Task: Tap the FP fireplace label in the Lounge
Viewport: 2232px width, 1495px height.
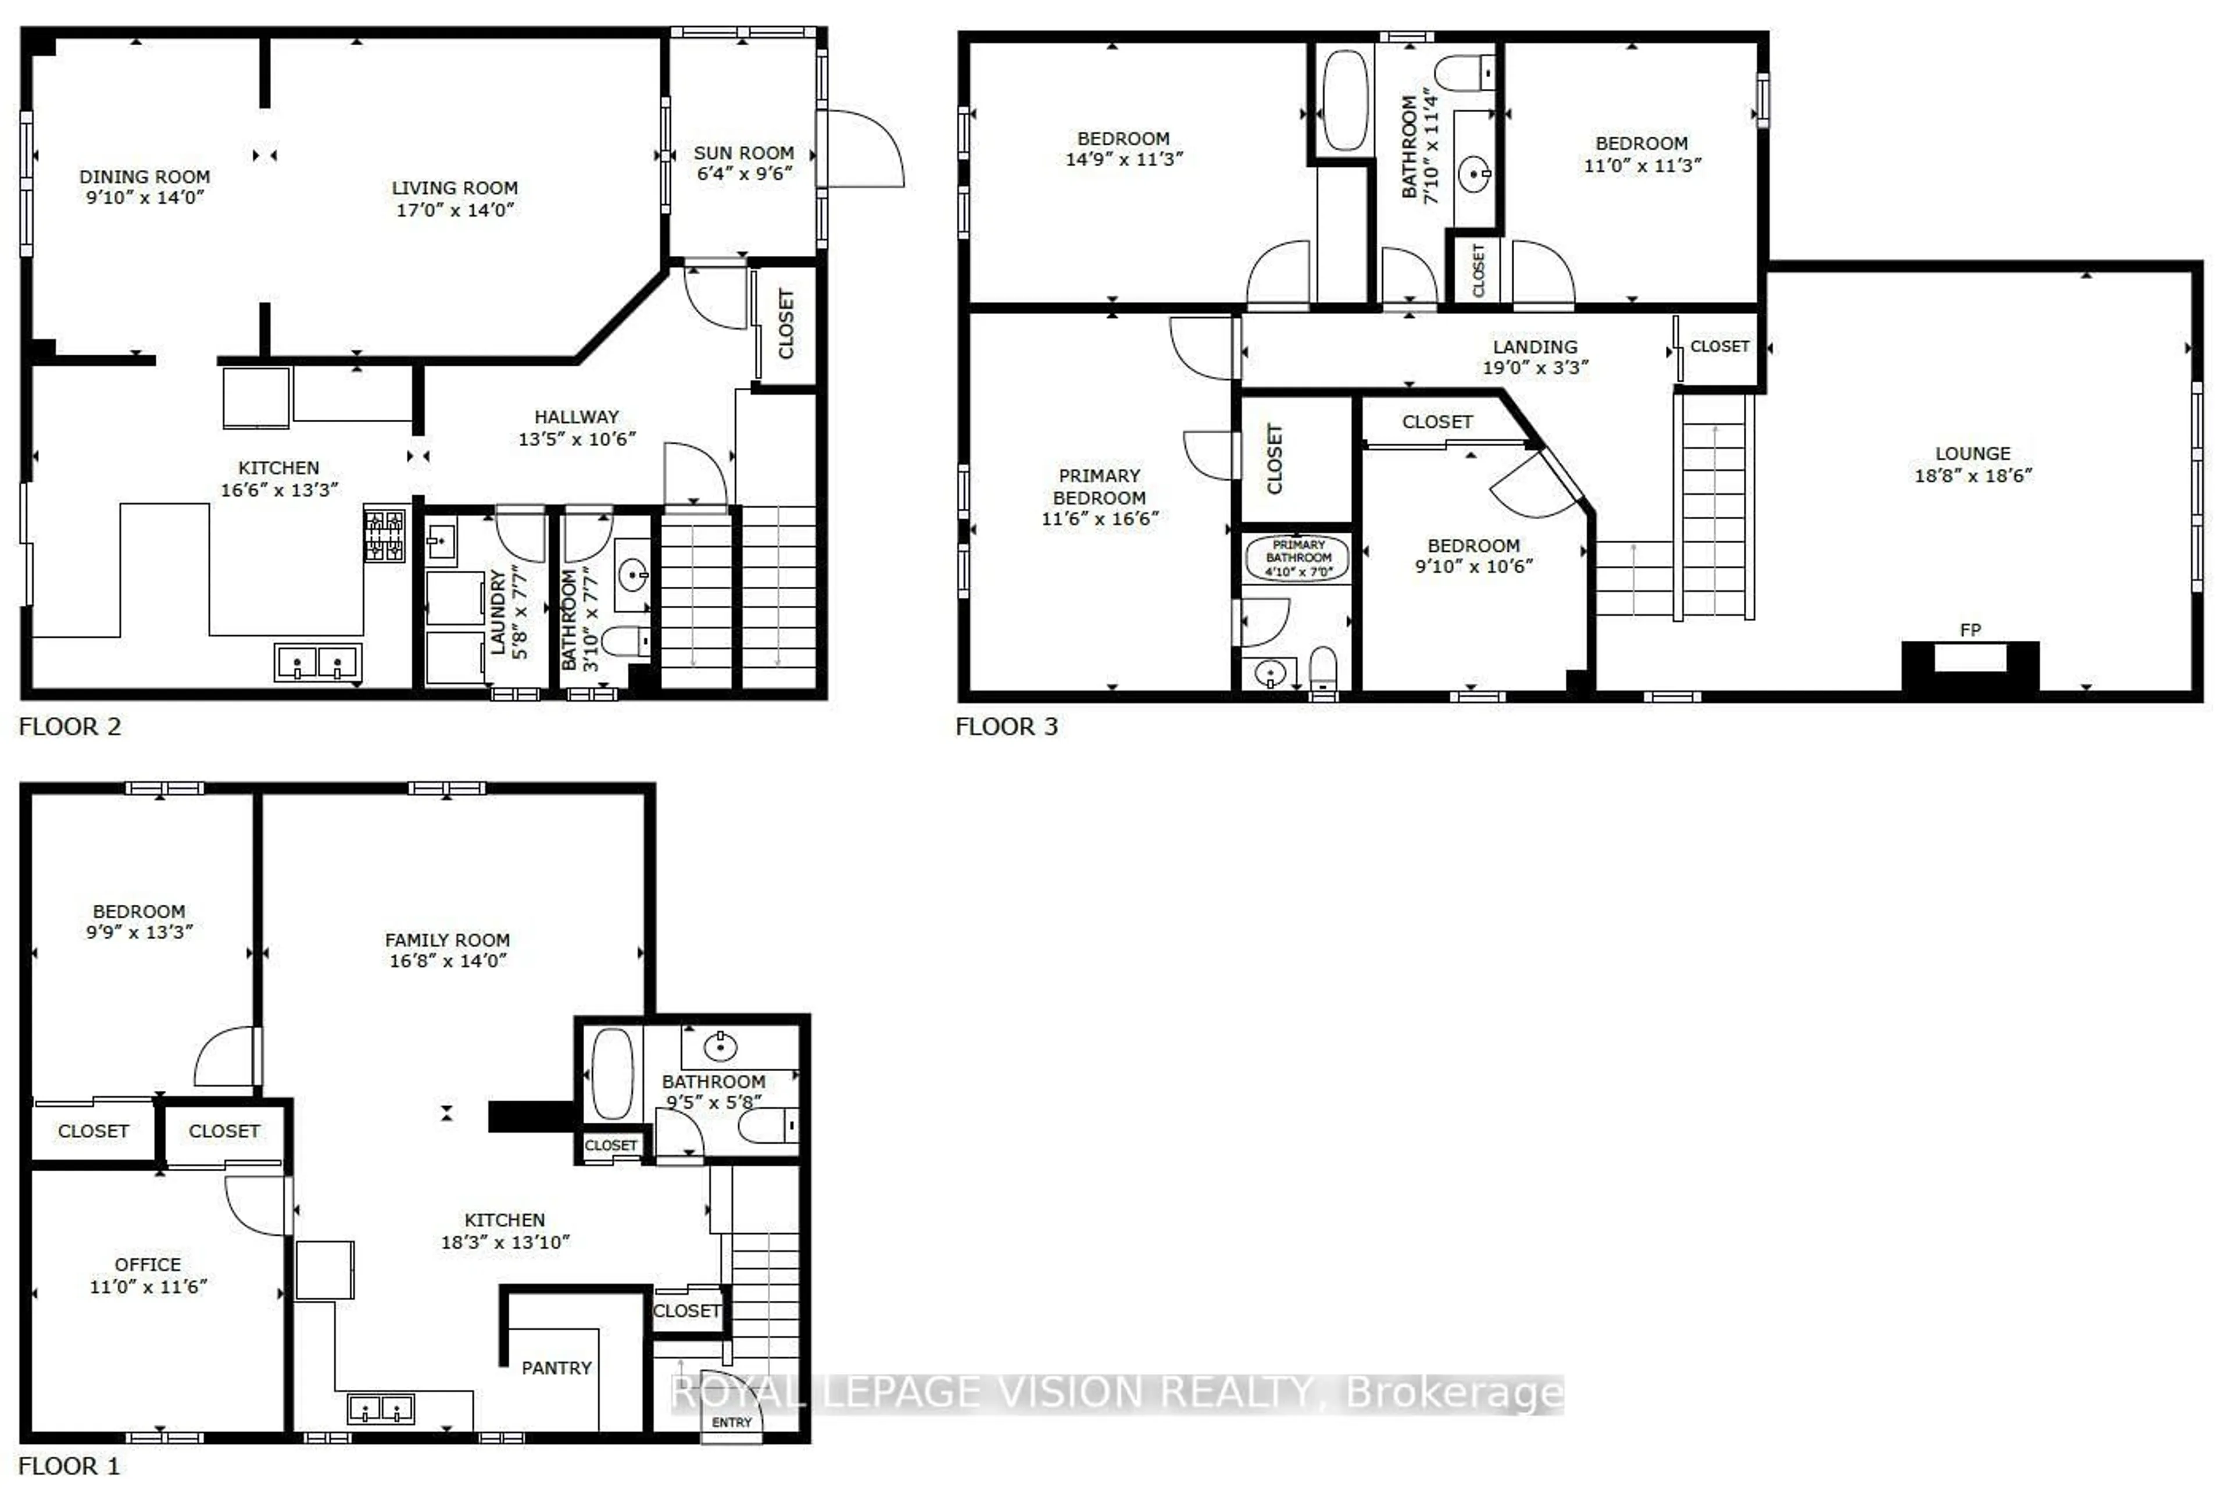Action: (x=1970, y=630)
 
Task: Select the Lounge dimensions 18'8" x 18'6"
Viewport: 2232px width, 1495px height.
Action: (x=1973, y=475)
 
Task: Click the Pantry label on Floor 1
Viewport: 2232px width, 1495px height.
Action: (x=557, y=1368)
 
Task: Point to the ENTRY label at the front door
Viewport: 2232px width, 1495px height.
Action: (x=731, y=1422)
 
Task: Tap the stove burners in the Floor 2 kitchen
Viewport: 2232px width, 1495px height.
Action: (x=384, y=536)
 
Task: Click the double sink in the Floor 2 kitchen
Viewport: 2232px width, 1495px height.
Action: (x=317, y=662)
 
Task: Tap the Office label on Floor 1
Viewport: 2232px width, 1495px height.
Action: (x=148, y=1264)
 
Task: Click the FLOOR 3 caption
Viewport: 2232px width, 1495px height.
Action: (x=1006, y=726)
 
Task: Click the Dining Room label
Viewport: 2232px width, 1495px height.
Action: (x=144, y=176)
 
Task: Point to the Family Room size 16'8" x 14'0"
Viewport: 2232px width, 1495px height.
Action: (x=447, y=961)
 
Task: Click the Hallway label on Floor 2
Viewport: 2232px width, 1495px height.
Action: (x=575, y=417)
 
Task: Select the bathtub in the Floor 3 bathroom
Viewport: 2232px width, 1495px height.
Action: (x=1345, y=100)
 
